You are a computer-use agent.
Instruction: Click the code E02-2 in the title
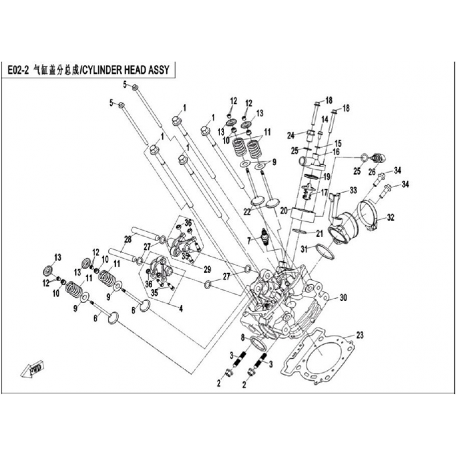(20, 71)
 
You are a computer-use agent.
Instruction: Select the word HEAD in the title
(132, 71)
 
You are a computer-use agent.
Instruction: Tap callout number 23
(359, 335)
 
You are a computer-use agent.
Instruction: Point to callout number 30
(343, 297)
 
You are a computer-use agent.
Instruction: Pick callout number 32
(390, 217)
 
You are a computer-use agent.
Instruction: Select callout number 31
(304, 249)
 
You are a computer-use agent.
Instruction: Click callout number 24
(291, 135)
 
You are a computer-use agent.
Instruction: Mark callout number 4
(181, 310)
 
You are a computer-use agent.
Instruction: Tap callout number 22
(247, 211)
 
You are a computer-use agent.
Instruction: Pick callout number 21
(319, 233)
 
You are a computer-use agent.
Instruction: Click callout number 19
(327, 177)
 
